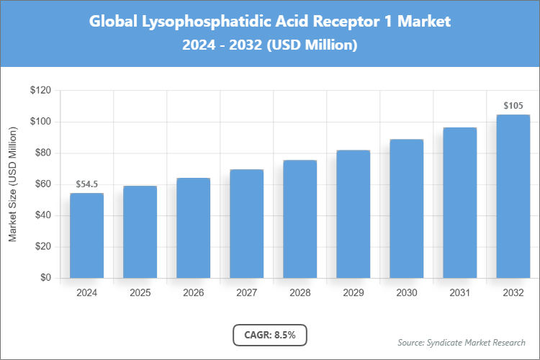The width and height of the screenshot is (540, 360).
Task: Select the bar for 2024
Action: pos(86,235)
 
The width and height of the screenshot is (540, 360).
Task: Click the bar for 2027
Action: pos(246,224)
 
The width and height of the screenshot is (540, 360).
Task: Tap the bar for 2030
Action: pos(406,209)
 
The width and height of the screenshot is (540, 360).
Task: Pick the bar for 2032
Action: pos(513,196)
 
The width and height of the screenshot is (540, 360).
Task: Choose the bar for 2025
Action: pos(140,232)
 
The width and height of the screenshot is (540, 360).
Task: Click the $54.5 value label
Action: pos(86,185)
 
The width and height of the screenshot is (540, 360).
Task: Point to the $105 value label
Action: pos(513,106)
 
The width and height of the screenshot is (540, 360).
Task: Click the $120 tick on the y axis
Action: pos(40,91)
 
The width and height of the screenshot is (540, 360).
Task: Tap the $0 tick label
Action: pos(45,278)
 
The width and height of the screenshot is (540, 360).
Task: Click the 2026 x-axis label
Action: pos(193,293)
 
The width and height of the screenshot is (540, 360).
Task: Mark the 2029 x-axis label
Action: pos(353,293)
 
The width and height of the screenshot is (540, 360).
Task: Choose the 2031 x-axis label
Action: pos(459,293)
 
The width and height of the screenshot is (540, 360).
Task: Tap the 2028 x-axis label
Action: pos(300,293)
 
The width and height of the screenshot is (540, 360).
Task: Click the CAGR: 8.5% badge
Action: pos(270,335)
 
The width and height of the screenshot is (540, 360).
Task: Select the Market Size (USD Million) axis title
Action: pos(13,184)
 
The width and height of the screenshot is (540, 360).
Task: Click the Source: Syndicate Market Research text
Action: pos(461,342)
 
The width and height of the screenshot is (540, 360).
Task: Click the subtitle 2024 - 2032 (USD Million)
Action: pos(270,45)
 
